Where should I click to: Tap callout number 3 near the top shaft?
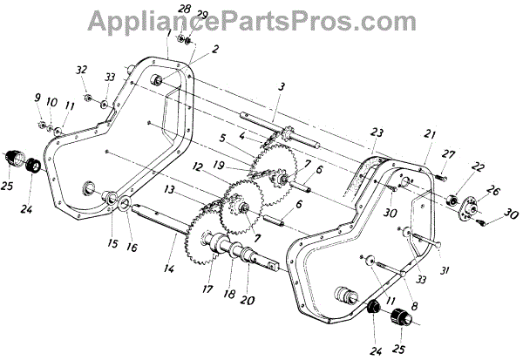[x=282, y=87]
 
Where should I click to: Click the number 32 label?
[x=82, y=70]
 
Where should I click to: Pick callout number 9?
[x=38, y=98]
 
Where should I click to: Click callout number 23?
[x=376, y=132]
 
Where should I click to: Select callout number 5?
[x=223, y=138]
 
